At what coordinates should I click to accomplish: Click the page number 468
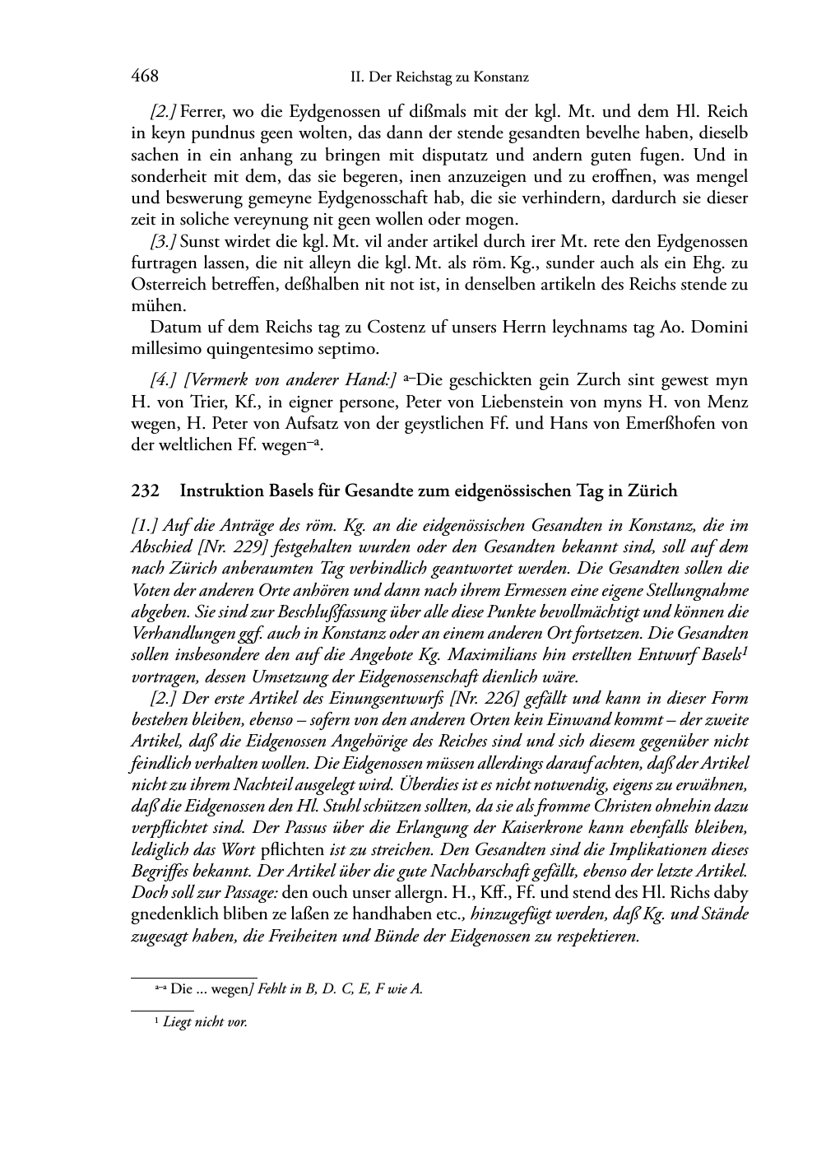(x=145, y=77)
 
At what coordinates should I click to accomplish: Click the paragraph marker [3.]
(x=163, y=242)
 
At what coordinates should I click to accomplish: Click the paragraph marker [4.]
(x=163, y=380)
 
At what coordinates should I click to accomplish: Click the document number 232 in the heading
(x=145, y=491)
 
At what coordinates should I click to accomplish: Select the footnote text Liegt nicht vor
(x=206, y=1023)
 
